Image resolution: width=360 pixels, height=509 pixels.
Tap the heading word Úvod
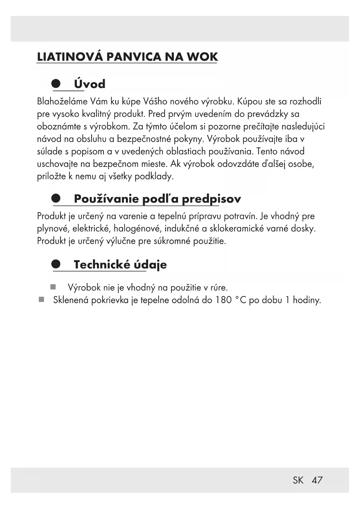(90, 84)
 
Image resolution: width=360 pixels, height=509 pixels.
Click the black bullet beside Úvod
(56, 84)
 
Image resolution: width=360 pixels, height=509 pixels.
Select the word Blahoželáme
(62, 102)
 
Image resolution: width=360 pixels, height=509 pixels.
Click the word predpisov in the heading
(211, 199)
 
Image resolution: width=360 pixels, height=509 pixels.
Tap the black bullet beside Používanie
(56, 198)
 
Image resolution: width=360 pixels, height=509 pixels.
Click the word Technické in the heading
(102, 265)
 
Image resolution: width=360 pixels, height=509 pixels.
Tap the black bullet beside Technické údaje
(56, 264)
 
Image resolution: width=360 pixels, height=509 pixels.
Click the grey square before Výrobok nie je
(53, 287)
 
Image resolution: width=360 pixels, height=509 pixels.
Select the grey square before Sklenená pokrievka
(41, 299)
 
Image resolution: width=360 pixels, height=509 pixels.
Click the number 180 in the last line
(223, 300)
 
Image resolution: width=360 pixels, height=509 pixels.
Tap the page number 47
(317, 480)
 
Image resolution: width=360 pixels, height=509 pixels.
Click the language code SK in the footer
(298, 480)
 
